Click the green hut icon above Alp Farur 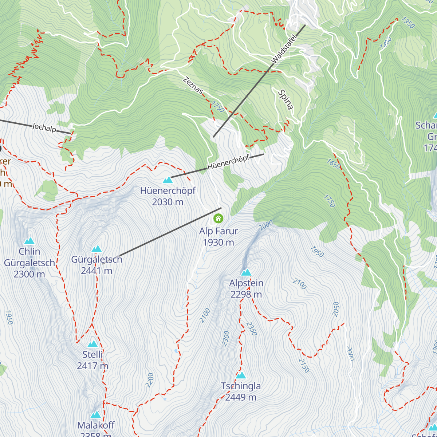pyautogui.click(x=218, y=219)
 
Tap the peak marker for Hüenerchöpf pyautogui.click(x=168, y=180)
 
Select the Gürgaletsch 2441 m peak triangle pyautogui.click(x=97, y=249)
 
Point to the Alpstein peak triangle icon pyautogui.click(x=246, y=272)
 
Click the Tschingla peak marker pyautogui.click(x=241, y=375)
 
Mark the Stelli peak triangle pyautogui.click(x=92, y=344)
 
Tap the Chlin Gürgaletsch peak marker pyautogui.click(x=29, y=241)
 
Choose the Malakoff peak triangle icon pyautogui.click(x=96, y=415)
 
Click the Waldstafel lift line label pyautogui.click(x=284, y=48)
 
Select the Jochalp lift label pyautogui.click(x=44, y=127)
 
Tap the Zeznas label pyautogui.click(x=193, y=85)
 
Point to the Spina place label pyautogui.click(x=286, y=99)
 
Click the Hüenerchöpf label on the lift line pyautogui.click(x=228, y=162)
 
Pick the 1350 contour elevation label pyautogui.click(x=408, y=23)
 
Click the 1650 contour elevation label pyautogui.click(x=334, y=164)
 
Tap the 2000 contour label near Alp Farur pyautogui.click(x=266, y=226)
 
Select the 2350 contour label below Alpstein pyautogui.click(x=251, y=328)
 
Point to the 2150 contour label pyautogui.click(x=304, y=366)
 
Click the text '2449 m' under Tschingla pyautogui.click(x=241, y=397)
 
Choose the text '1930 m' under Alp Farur pyautogui.click(x=219, y=243)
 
